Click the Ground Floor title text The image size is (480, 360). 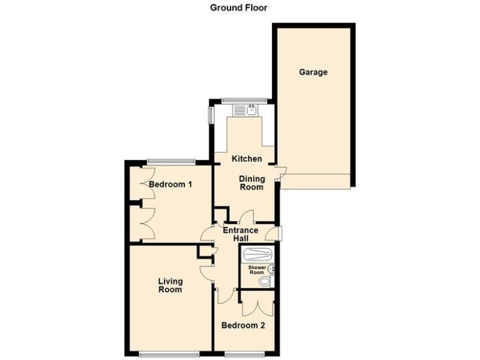pos(238,7)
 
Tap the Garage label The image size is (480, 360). pos(312,72)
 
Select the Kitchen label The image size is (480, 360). pos(246,159)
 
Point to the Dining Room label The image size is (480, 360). pos(252,182)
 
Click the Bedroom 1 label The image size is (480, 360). pos(170,184)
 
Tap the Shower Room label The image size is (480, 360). pos(258,270)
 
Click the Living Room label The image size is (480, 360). pos(170,286)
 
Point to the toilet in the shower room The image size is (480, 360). pos(265,282)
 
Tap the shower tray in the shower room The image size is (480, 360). pos(257,255)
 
